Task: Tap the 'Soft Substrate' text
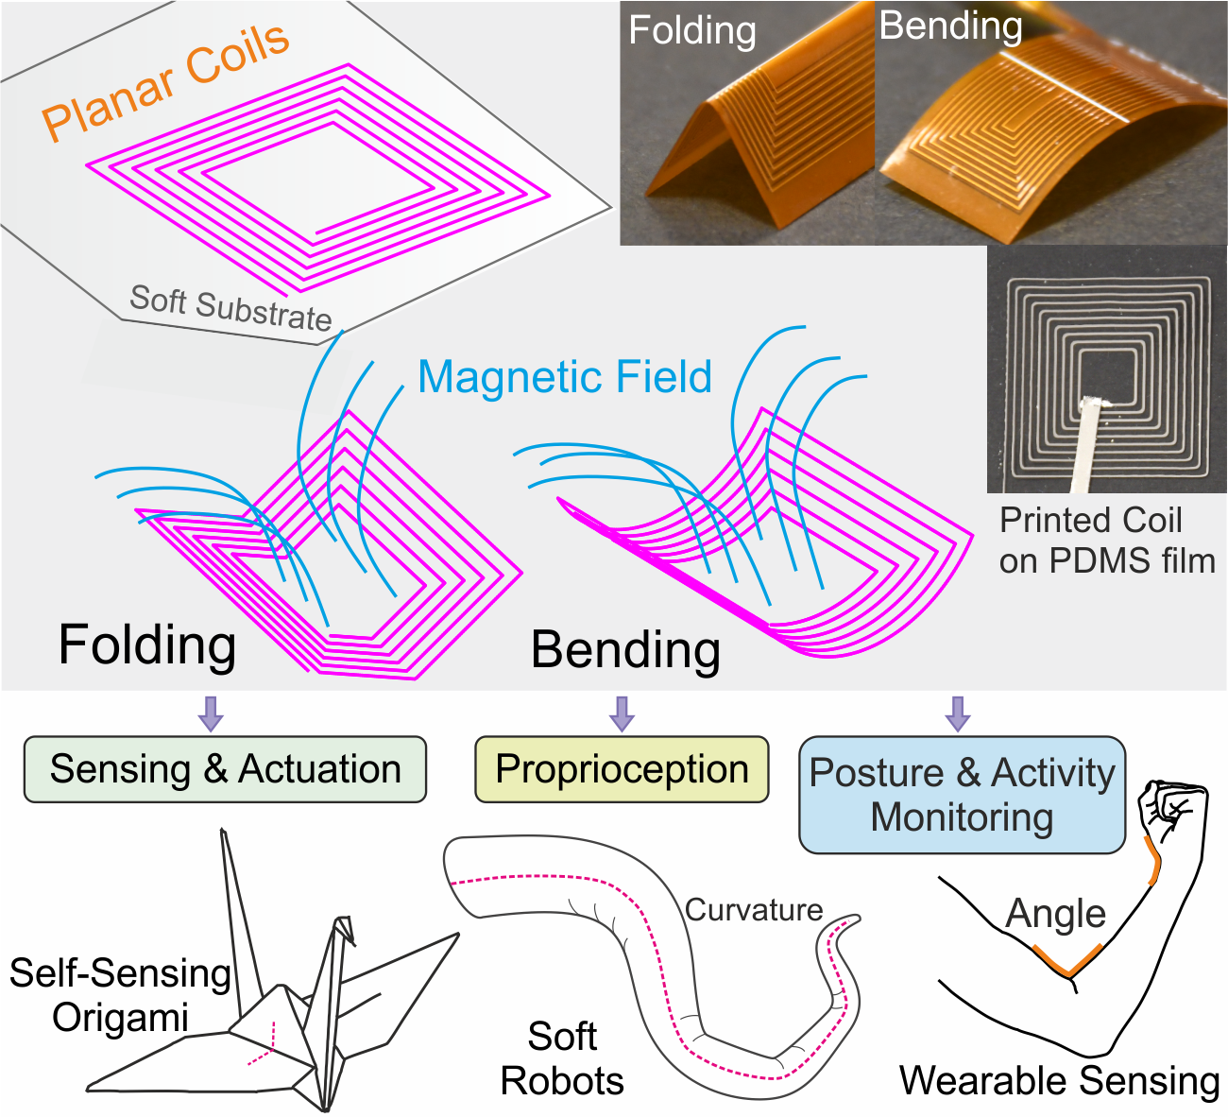pyautogui.click(x=230, y=307)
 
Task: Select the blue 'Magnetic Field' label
pyautogui.click(x=564, y=377)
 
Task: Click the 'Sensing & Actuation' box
pyautogui.click(x=225, y=769)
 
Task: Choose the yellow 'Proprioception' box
pyautogui.click(x=622, y=769)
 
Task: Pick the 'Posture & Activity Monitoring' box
pyautogui.click(x=962, y=795)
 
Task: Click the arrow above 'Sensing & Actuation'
pyautogui.click(x=211, y=713)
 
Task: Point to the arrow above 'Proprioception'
pyautogui.click(x=621, y=713)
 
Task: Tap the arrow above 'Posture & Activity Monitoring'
pyautogui.click(x=958, y=713)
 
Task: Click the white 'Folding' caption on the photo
pyautogui.click(x=692, y=30)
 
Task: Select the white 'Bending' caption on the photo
pyautogui.click(x=950, y=26)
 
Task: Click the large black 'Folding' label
pyautogui.click(x=147, y=644)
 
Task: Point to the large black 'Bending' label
pyautogui.click(x=625, y=650)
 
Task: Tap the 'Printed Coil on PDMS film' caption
pyautogui.click(x=1106, y=541)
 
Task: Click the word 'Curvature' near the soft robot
pyautogui.click(x=754, y=909)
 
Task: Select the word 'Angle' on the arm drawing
pyautogui.click(x=1055, y=914)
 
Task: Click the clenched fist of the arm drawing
pyautogui.click(x=1171, y=808)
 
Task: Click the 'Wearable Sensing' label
pyautogui.click(x=1059, y=1080)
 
